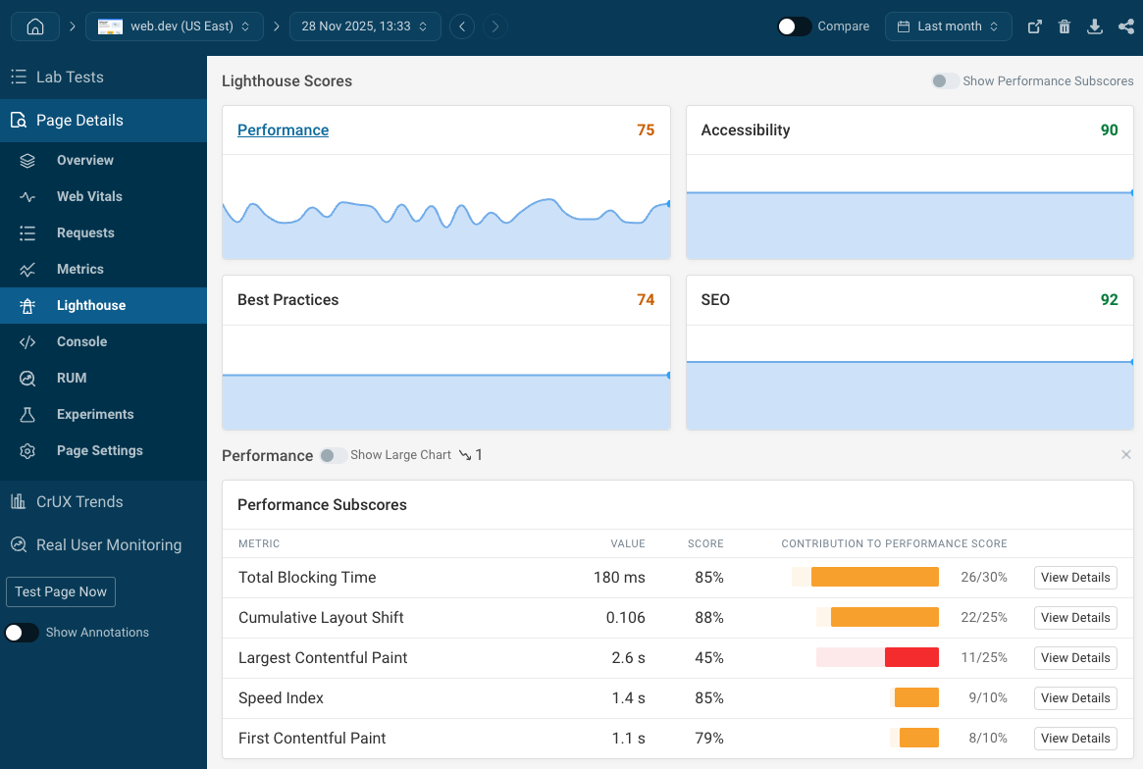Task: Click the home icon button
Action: (35, 26)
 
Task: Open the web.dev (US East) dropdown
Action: (175, 26)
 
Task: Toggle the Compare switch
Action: (794, 26)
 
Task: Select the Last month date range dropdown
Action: (948, 26)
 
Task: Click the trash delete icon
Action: (1065, 26)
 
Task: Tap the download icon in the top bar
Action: (1095, 26)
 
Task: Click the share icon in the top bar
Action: (1126, 26)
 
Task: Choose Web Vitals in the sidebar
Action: (89, 196)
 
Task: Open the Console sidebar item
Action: (81, 341)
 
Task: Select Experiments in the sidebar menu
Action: (94, 414)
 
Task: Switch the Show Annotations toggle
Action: (22, 633)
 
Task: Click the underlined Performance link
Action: (283, 130)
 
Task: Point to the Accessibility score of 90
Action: (1109, 130)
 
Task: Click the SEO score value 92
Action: (1109, 300)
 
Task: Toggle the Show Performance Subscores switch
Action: (945, 81)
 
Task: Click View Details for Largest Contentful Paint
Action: (1075, 658)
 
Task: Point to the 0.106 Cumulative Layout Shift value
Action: (625, 618)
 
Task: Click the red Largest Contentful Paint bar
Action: (911, 658)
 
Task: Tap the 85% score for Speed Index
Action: (708, 698)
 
